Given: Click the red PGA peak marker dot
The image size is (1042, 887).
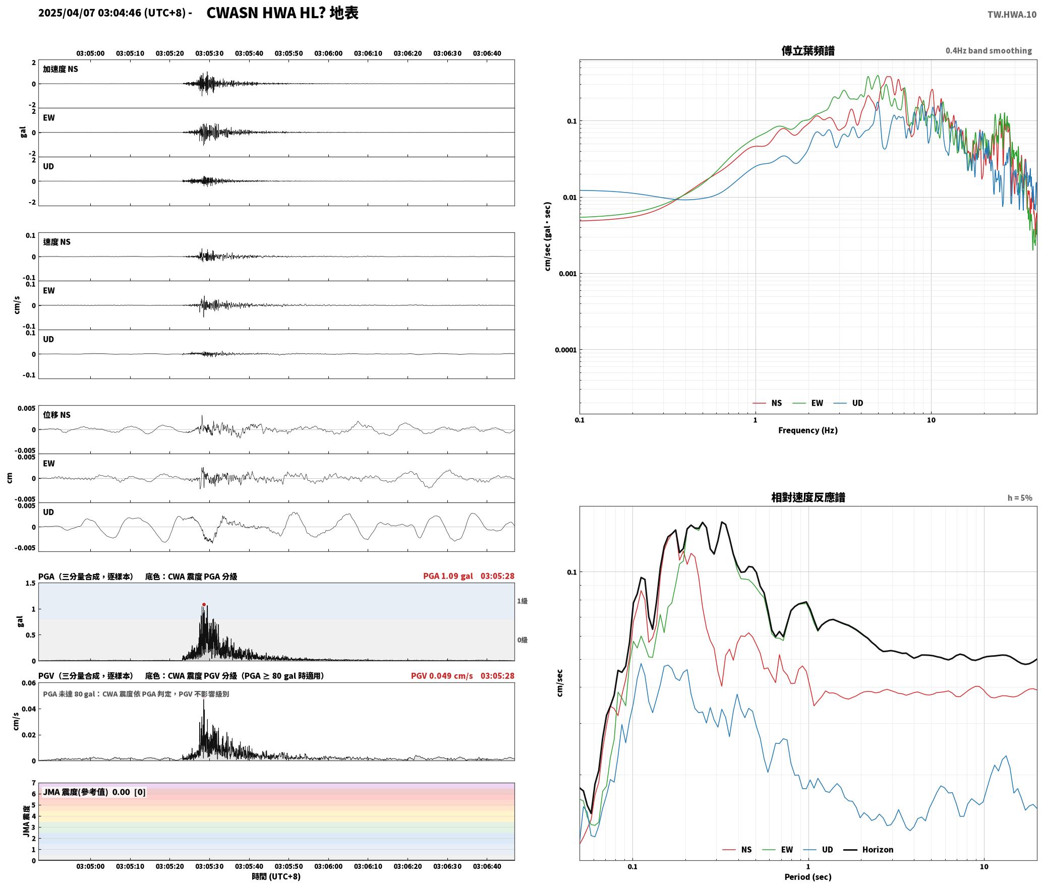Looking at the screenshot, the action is click(x=204, y=604).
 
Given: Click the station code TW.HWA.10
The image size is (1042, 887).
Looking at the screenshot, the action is click(x=1012, y=15).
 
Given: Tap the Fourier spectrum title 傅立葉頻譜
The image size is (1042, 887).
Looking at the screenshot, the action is click(x=807, y=51).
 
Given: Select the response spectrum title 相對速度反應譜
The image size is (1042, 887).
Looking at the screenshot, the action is click(x=808, y=497).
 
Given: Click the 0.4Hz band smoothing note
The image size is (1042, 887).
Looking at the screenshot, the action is click(x=989, y=51).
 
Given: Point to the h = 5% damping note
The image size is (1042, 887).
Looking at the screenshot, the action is click(x=1020, y=498).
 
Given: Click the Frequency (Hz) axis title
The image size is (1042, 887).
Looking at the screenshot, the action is click(x=807, y=430).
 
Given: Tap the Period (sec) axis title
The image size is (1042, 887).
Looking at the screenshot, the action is click(x=807, y=877).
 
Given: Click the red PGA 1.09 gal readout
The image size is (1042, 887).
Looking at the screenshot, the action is click(x=448, y=576).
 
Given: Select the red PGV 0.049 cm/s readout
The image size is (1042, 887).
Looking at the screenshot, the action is click(x=442, y=676).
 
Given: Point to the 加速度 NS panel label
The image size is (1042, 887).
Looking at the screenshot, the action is click(x=61, y=69).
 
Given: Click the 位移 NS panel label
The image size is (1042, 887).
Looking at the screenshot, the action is click(x=56, y=415).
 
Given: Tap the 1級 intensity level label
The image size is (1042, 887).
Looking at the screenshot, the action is click(x=522, y=601).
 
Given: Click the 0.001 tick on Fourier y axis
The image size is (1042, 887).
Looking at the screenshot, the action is click(x=567, y=274).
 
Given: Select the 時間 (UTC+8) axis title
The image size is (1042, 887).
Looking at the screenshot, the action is click(x=276, y=877).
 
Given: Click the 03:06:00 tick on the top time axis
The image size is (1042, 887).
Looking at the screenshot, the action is click(x=328, y=53).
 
